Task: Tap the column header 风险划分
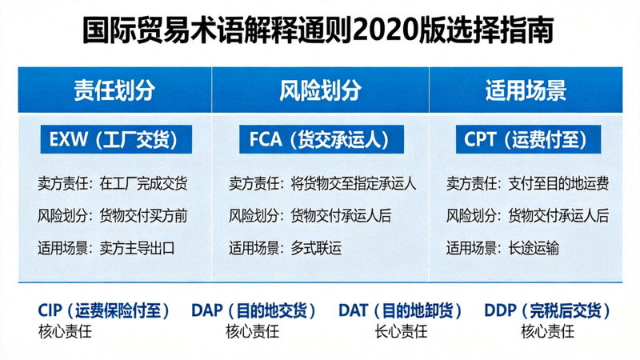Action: pyautogui.click(x=319, y=89)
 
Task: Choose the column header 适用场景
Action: pyautogui.click(x=526, y=89)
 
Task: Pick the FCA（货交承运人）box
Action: pyautogui.click(x=319, y=140)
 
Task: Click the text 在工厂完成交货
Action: pyautogui.click(x=144, y=184)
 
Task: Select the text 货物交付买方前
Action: pyautogui.click(x=144, y=216)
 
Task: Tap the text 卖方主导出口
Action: pyautogui.click(x=137, y=248)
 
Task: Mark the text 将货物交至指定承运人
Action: pyautogui.click(x=353, y=184)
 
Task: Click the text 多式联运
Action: pyautogui.click(x=316, y=248)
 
